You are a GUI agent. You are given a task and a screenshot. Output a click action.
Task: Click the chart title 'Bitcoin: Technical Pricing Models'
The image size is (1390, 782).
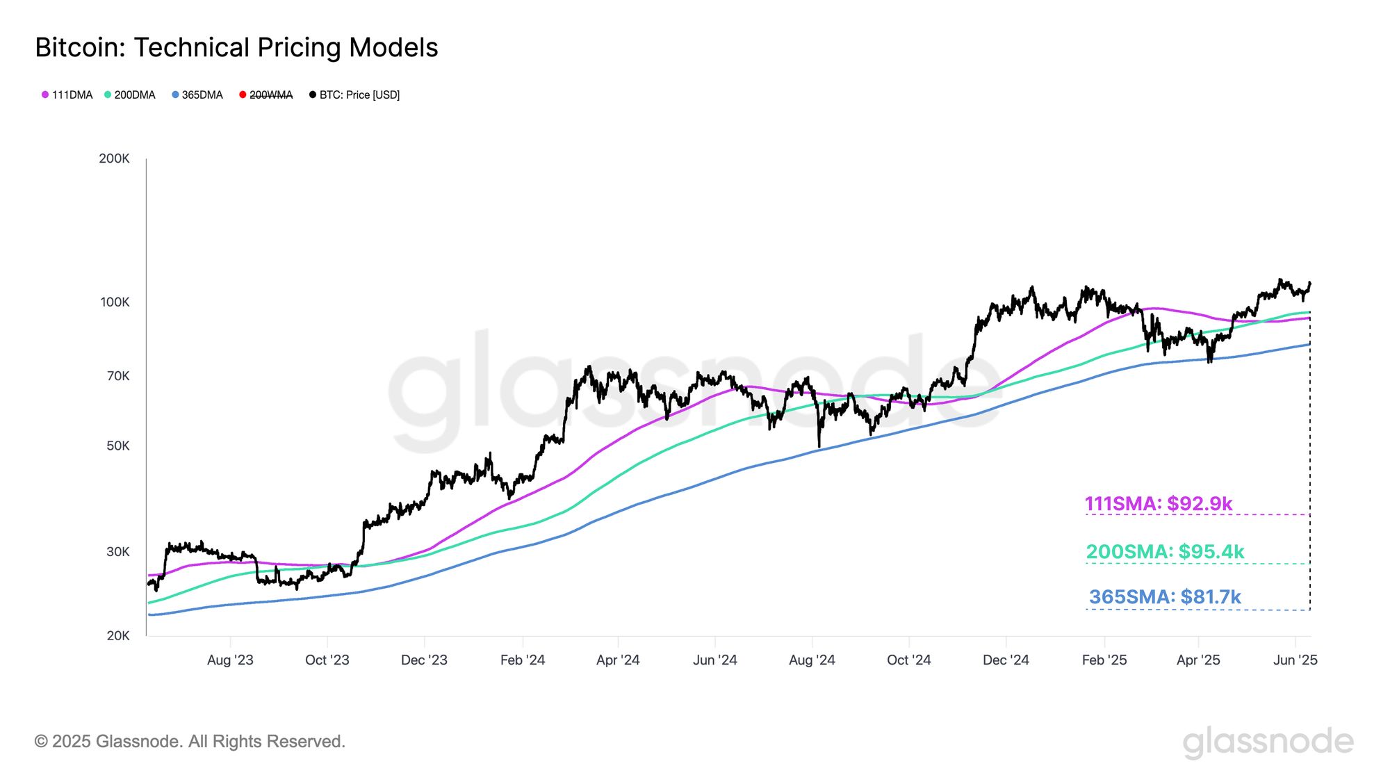236,47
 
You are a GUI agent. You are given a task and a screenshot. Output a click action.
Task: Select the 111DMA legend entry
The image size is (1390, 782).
67,95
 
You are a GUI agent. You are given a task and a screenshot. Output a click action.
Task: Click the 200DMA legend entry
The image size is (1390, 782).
130,95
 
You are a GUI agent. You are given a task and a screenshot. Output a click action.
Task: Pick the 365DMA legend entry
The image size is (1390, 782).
197,95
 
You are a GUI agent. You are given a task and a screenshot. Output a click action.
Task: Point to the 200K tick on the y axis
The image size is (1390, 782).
114,158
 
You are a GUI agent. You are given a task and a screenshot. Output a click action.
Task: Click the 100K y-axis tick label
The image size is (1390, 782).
115,302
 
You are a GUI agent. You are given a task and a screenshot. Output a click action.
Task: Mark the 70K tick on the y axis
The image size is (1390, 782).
117,376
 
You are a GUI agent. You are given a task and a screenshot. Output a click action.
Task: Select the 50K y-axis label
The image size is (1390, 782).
117,446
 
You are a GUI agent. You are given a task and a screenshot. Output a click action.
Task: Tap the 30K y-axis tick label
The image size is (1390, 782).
117,551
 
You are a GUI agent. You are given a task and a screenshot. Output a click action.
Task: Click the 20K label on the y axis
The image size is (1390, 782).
117,635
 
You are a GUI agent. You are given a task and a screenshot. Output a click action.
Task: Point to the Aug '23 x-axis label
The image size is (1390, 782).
230,660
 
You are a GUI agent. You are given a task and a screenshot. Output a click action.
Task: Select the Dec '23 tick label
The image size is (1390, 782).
424,660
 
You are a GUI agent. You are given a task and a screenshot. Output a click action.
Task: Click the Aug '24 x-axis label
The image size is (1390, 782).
812,660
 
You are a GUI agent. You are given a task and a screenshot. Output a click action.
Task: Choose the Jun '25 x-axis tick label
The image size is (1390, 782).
1295,660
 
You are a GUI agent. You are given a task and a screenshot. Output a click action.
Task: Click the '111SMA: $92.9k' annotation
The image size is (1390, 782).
1159,503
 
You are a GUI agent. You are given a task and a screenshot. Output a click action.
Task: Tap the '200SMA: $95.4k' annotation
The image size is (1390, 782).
1165,551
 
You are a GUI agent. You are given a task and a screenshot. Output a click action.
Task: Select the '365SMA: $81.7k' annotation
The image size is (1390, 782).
1165,596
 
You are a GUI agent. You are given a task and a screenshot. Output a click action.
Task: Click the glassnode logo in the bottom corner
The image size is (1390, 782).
1268,742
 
